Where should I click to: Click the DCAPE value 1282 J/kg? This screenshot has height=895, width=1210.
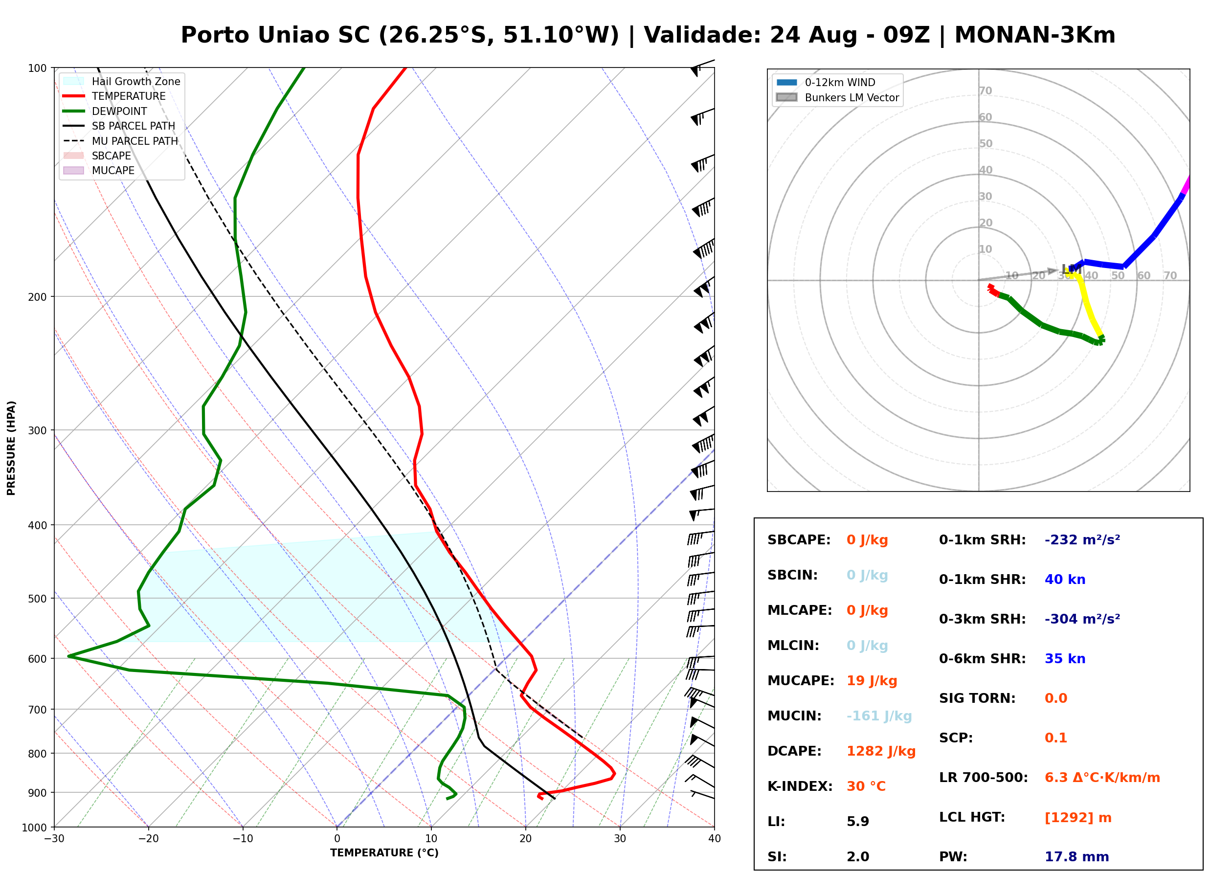pyautogui.click(x=881, y=751)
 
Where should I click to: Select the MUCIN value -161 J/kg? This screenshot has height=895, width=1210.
pyautogui.click(x=879, y=716)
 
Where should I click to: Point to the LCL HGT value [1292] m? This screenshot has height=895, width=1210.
pyautogui.click(x=1078, y=818)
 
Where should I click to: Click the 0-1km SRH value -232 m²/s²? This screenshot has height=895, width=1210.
pyautogui.click(x=1082, y=540)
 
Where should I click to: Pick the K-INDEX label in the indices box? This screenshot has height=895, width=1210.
pyautogui.click(x=800, y=786)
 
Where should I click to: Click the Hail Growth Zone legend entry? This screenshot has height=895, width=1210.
pyautogui.click(x=122, y=81)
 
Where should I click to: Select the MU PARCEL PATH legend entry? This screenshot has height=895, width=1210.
pyautogui.click(x=121, y=141)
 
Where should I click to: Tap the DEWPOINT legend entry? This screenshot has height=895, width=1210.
pyautogui.click(x=105, y=111)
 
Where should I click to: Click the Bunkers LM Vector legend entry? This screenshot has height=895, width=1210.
pyautogui.click(x=837, y=97)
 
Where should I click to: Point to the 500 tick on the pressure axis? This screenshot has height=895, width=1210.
pyautogui.click(x=41, y=599)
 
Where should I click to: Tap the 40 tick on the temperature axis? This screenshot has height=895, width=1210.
pyautogui.click(x=715, y=839)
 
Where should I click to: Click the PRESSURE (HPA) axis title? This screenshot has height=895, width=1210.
pyautogui.click(x=11, y=448)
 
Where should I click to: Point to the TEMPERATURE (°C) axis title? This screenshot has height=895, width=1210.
pyautogui.click(x=384, y=853)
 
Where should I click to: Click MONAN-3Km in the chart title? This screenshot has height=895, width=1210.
pyautogui.click(x=1034, y=35)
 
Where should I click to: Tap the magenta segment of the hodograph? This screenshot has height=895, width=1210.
pyautogui.click(x=1186, y=185)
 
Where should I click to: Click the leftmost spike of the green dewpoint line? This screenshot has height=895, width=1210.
pyautogui.click(x=69, y=656)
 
